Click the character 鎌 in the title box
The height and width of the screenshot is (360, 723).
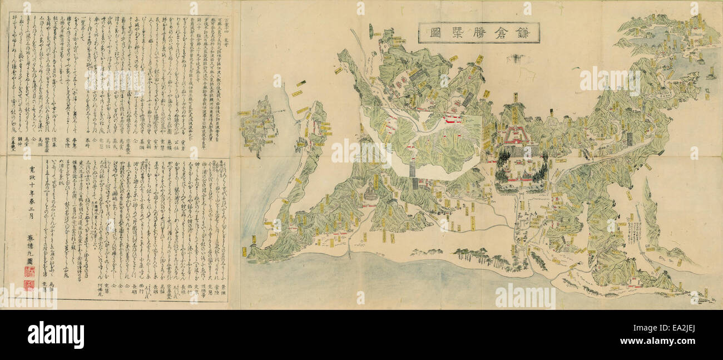[x=525, y=33]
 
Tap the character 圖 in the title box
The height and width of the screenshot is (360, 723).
[x=432, y=33]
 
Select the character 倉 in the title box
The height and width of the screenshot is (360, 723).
[x=494, y=33]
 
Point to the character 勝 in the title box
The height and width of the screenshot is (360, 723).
[x=464, y=33]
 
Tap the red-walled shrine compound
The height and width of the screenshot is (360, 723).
[x=517, y=136]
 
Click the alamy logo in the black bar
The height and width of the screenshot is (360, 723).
[x=56, y=335]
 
